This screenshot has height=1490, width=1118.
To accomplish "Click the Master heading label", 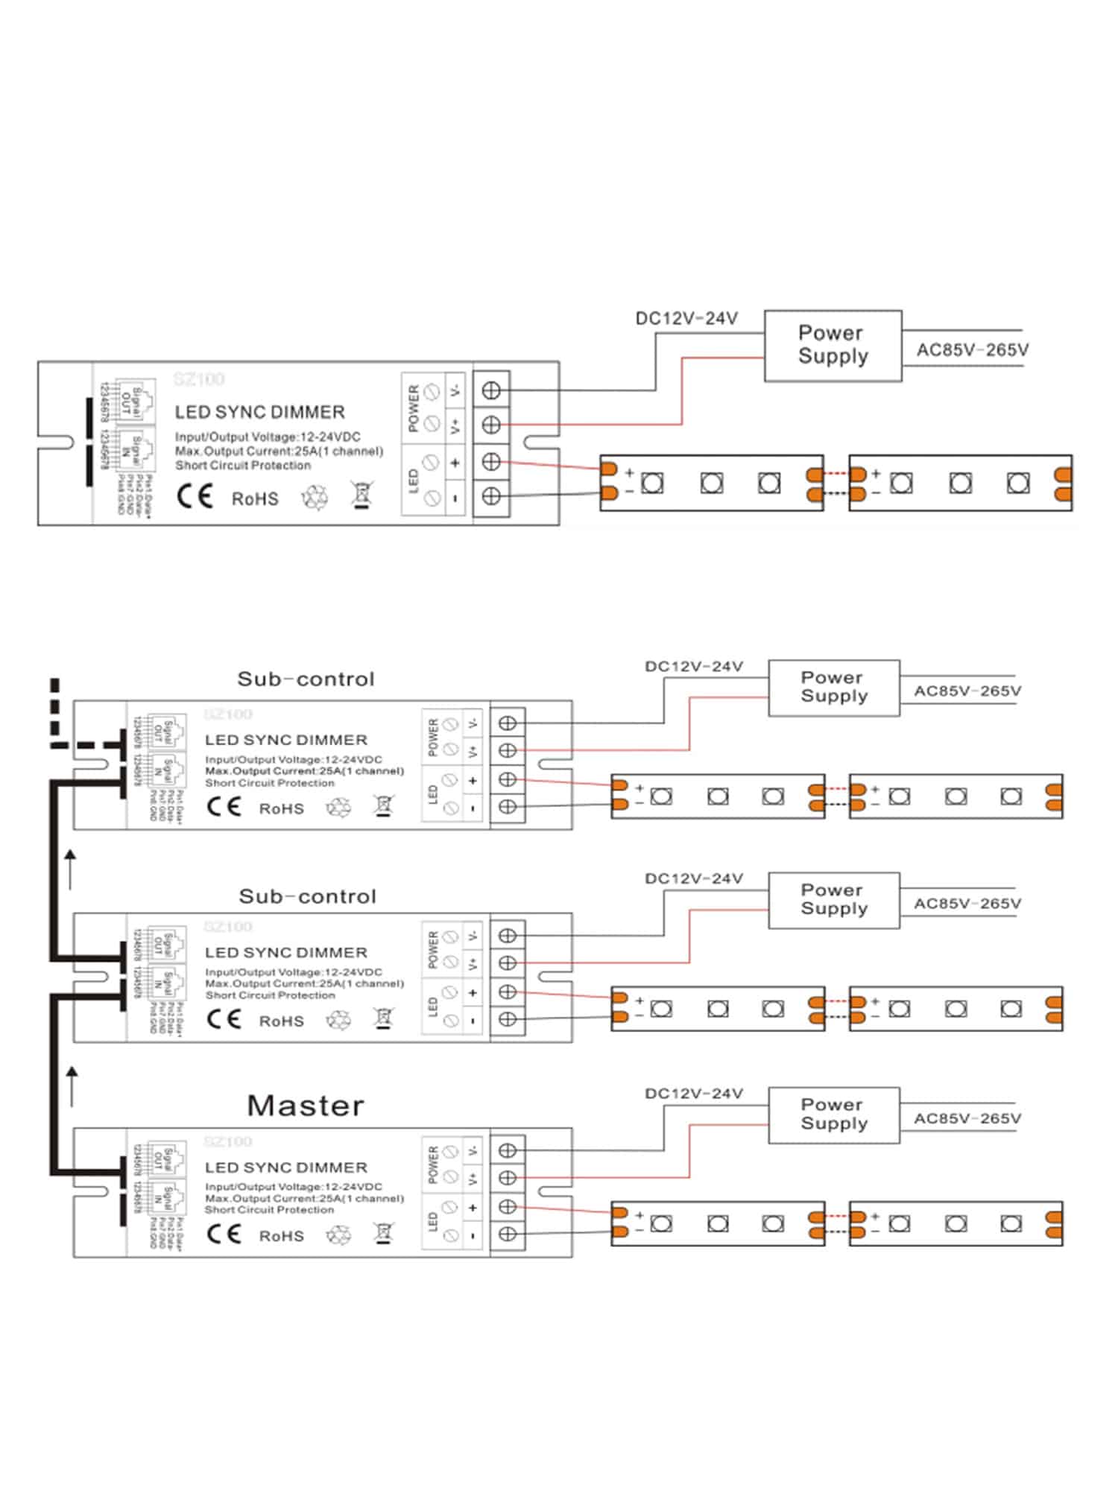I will point(306,1106).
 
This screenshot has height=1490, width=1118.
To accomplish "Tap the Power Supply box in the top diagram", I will point(833,345).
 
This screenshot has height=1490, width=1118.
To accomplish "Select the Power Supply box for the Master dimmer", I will point(833,1115).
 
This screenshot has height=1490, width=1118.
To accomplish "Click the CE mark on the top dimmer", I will point(195,497).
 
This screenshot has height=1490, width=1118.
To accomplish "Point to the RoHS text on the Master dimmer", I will point(281,1236).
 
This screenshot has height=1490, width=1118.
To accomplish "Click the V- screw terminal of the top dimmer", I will point(491,390).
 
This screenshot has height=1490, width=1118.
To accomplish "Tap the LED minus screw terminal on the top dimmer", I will point(491,496).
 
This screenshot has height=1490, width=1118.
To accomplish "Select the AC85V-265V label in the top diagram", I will point(972,349).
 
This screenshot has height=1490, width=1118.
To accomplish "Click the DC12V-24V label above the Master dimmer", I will point(693,1094).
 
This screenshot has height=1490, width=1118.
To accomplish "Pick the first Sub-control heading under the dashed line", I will point(306,679).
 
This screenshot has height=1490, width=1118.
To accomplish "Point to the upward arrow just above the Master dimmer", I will point(72,1085).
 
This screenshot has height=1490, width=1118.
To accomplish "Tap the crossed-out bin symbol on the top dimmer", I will point(361,495).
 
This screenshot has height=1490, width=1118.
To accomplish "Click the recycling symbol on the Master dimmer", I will point(338,1236).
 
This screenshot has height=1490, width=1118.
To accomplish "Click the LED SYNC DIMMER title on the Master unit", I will point(285,1167).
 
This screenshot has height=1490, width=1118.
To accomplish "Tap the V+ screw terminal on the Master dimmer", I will point(508,1178).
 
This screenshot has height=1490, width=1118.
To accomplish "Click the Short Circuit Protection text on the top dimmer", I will point(243,466).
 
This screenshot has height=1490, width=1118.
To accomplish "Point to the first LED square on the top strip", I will point(652,483).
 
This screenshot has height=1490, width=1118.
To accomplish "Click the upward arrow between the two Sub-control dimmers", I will point(71,869).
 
